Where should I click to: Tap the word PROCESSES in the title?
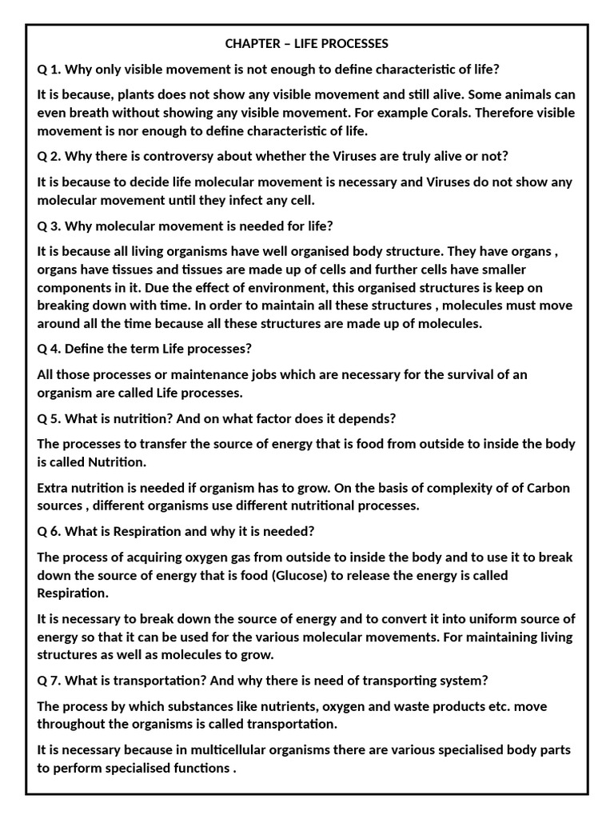point(356,42)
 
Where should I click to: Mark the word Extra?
point(54,488)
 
